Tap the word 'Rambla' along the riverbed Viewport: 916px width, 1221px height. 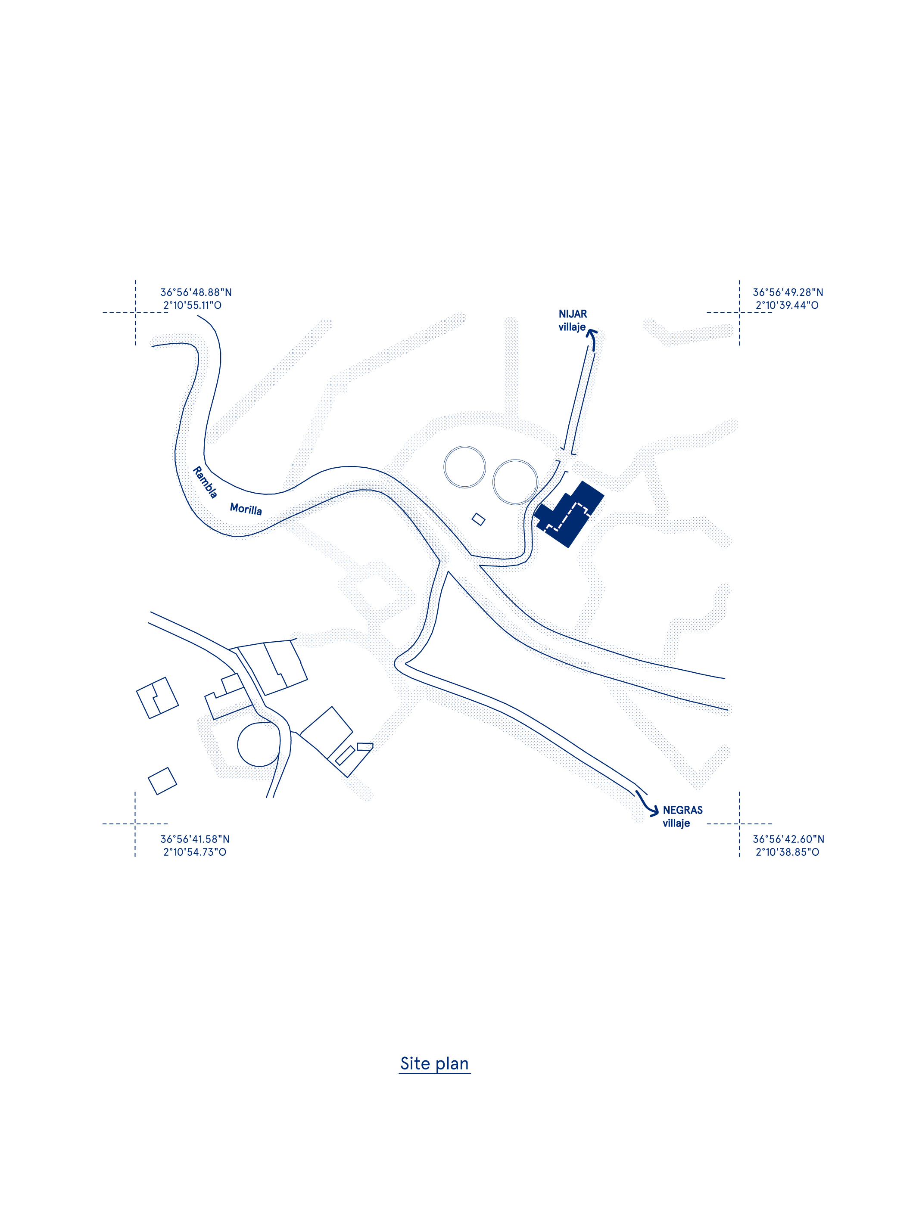coord(205,482)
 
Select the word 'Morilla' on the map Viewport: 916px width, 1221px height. coord(246,508)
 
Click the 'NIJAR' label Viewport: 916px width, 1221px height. coord(573,314)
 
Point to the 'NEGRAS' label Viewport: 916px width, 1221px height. coord(682,810)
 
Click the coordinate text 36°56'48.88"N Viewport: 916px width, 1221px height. coord(196,292)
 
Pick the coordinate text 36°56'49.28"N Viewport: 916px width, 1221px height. coord(788,292)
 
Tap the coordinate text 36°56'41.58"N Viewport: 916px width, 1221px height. coord(195,839)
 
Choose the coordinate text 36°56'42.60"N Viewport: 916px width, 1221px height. coord(788,839)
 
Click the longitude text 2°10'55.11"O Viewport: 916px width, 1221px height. coord(192,305)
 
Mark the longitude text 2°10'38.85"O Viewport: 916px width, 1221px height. coord(787,852)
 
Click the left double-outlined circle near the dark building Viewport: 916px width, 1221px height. coord(444,467)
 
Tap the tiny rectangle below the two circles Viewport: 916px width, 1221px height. coord(479,519)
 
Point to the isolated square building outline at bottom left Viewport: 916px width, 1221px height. coord(162,781)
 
